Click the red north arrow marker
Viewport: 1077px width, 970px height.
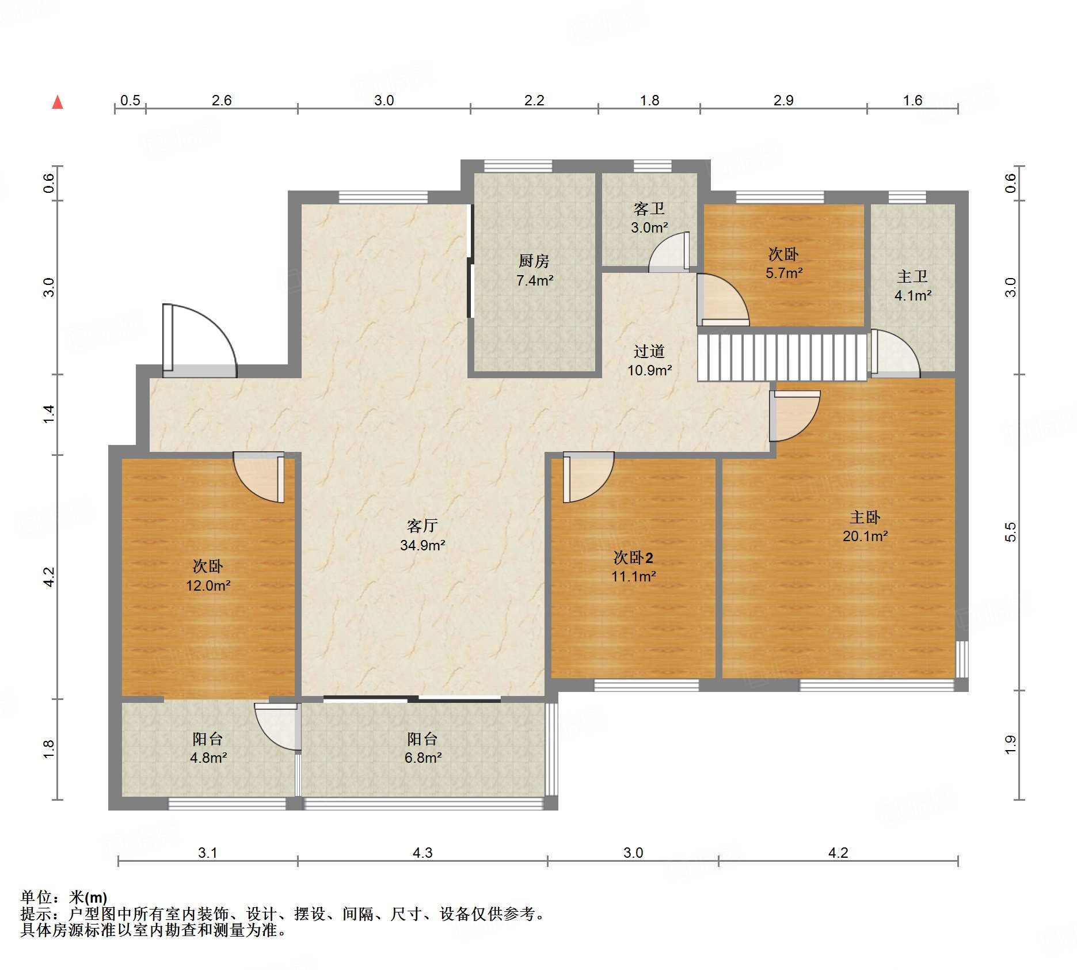click(58, 102)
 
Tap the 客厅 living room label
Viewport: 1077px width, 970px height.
click(423, 526)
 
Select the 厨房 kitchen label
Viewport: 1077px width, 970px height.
click(534, 261)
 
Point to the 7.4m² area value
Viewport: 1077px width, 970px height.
click(535, 281)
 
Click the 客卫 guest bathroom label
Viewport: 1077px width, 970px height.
click(649, 208)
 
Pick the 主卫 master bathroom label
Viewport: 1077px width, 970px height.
click(912, 277)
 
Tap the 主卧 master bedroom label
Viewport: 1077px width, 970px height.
click(865, 518)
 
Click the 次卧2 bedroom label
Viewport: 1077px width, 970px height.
click(633, 557)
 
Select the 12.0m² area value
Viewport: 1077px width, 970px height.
click(208, 586)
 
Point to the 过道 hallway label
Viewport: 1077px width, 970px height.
click(649, 351)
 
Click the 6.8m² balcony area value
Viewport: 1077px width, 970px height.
click(423, 758)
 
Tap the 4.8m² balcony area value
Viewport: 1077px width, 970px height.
click(208, 758)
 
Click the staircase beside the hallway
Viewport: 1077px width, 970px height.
click(782, 357)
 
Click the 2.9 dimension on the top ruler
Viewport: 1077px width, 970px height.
click(783, 101)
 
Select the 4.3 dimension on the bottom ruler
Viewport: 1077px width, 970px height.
click(423, 853)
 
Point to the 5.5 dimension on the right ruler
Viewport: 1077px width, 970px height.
click(1011, 532)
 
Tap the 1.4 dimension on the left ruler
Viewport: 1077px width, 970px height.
click(49, 414)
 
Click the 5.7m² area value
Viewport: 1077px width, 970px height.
click(784, 273)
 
